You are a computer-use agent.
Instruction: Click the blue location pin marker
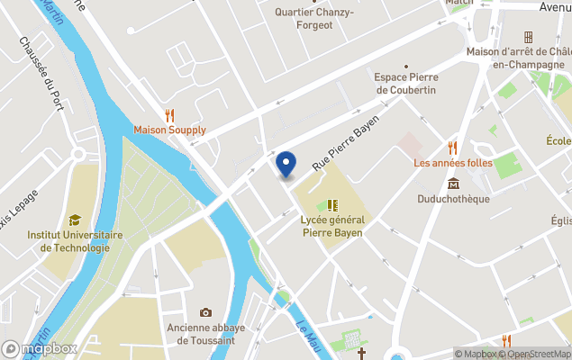286,164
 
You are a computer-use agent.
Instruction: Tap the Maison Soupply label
169,130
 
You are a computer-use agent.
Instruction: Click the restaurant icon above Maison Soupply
169,114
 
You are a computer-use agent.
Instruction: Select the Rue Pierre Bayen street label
346,143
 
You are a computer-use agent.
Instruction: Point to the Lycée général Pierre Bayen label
332,226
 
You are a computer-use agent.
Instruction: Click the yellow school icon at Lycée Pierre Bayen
332,205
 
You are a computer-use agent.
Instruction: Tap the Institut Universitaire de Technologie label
68,241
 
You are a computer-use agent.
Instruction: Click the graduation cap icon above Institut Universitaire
75,220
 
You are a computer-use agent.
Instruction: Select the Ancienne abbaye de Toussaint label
205,334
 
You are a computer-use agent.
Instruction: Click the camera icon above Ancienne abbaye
205,313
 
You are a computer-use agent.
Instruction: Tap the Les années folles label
453,163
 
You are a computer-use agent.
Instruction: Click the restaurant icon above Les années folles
453,147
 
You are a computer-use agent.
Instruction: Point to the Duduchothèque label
453,199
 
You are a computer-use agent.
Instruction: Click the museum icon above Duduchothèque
453,184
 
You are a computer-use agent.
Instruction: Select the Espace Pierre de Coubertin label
406,83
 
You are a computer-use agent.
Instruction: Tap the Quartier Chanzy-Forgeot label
315,18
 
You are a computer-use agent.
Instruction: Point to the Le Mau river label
308,336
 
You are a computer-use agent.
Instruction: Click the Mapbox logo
40,349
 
